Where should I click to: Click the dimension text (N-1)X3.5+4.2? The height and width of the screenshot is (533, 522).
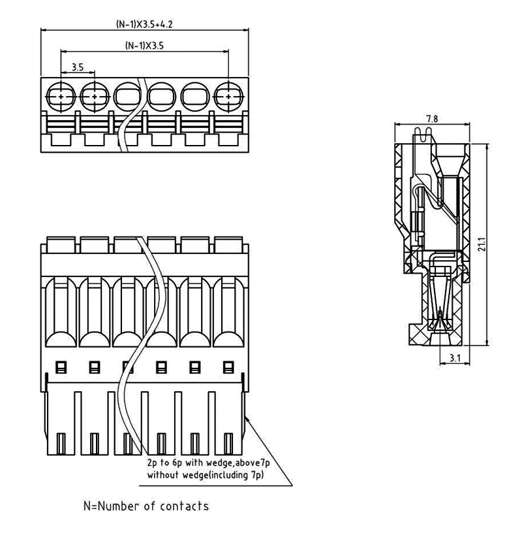[144, 24]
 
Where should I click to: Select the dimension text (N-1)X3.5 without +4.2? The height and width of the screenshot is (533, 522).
[144, 46]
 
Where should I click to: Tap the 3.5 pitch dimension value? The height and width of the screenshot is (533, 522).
[77, 67]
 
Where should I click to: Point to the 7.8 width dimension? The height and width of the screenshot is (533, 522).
[431, 118]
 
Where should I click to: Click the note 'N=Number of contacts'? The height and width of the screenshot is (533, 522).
[146, 506]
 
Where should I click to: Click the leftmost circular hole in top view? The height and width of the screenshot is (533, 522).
[61, 96]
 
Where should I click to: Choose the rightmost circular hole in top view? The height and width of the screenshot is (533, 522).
[228, 96]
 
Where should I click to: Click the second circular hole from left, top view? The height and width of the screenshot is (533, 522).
[95, 96]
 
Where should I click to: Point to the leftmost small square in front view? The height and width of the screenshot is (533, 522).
[61, 366]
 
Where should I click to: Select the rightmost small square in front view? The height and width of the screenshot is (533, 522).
[228, 366]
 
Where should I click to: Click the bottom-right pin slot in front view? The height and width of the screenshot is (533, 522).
[228, 444]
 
